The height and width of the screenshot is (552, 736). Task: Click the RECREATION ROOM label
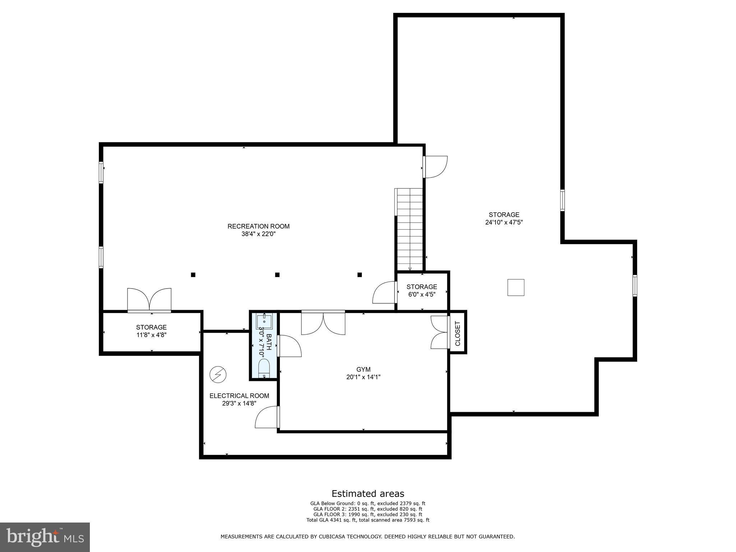pyautogui.click(x=258, y=226)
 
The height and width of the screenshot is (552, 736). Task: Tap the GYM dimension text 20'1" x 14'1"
pyautogui.click(x=363, y=377)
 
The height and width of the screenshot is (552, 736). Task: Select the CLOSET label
pyautogui.click(x=457, y=333)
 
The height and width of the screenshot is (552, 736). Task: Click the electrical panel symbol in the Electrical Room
pyautogui.click(x=218, y=375)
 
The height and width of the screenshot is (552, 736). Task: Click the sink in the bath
pyautogui.click(x=264, y=321)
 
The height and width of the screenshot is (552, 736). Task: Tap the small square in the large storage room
pyautogui.click(x=516, y=287)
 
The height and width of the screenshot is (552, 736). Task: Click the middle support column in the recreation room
pyautogui.click(x=277, y=275)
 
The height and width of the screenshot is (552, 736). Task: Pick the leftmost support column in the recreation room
pyautogui.click(x=193, y=275)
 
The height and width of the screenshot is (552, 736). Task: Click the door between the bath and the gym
pyautogui.click(x=289, y=346)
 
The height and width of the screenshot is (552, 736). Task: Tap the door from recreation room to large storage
pyautogui.click(x=435, y=167)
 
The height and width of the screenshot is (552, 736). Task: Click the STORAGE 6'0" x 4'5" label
pyautogui.click(x=422, y=290)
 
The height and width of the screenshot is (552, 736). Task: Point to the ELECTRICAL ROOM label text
pyautogui.click(x=239, y=396)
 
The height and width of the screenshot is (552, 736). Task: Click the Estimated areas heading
pyautogui.click(x=368, y=493)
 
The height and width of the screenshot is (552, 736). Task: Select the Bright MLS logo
pyautogui.click(x=45, y=537)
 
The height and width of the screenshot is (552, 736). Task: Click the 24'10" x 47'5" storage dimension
pyautogui.click(x=504, y=222)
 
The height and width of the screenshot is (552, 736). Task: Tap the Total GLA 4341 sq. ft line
pyautogui.click(x=368, y=520)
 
